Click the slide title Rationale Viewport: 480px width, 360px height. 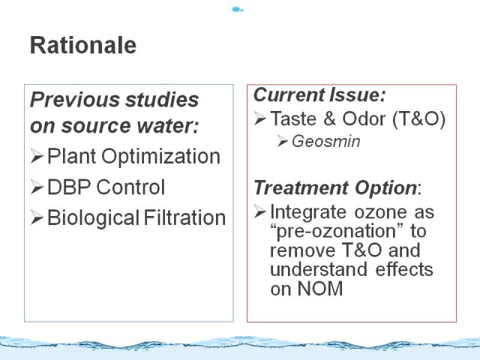83,45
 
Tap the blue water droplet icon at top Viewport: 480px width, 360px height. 238,10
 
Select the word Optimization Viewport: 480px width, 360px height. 160,156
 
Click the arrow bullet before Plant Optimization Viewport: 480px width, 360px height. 37,156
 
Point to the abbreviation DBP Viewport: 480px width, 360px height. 69,187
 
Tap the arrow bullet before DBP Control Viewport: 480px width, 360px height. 37,187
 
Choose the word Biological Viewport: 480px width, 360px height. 94,218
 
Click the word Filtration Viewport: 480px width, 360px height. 184,217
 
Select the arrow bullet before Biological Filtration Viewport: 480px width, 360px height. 37,217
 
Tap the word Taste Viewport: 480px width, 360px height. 293,118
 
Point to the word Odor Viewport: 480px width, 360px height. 364,118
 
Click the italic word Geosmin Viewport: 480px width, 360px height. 326,142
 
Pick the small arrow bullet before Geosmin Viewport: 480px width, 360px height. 282,141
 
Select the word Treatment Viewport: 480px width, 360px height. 301,187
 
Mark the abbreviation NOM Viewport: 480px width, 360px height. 320,288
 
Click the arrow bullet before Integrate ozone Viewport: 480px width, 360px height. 260,211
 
